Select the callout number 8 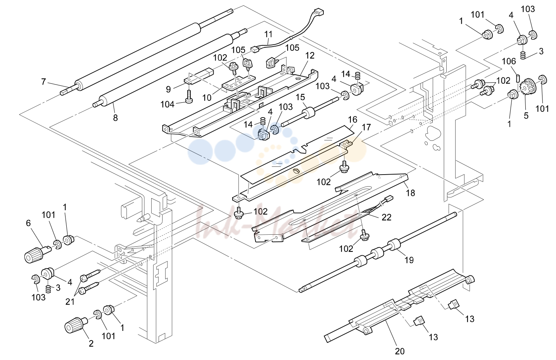click(x=116, y=118)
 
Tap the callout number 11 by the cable click(x=268, y=34)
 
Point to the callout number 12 click(x=310, y=55)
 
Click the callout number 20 click(x=400, y=351)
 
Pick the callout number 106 click(x=509, y=61)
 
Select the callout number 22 click(x=387, y=217)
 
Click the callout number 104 click(x=167, y=104)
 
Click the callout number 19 click(x=409, y=260)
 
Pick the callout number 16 click(x=352, y=119)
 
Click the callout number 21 click(x=70, y=301)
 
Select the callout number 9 click(x=168, y=89)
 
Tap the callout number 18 click(x=410, y=193)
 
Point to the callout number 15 click(x=300, y=97)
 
